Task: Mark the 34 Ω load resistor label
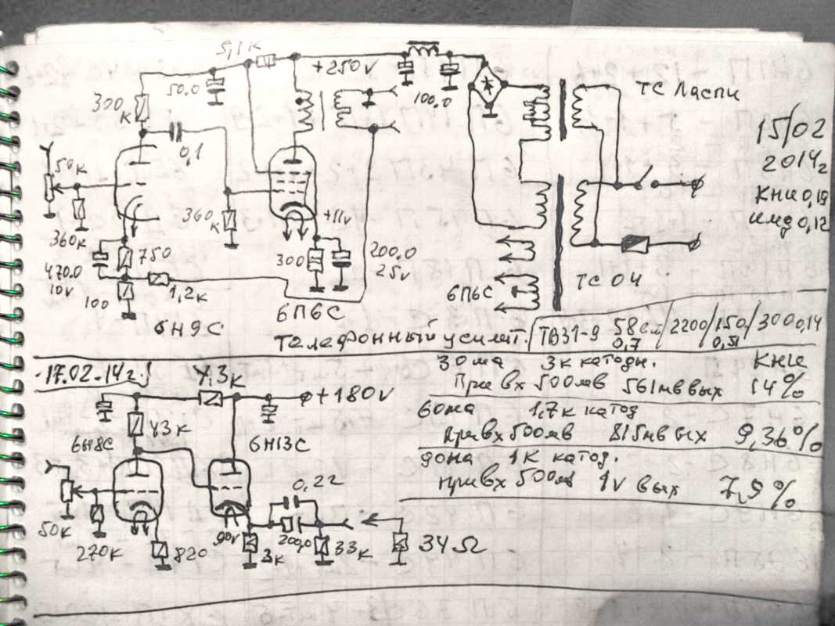pyautogui.click(x=452, y=542)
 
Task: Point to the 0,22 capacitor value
pyautogui.click(x=316, y=484)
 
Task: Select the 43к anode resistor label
pyautogui.click(x=171, y=427)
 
